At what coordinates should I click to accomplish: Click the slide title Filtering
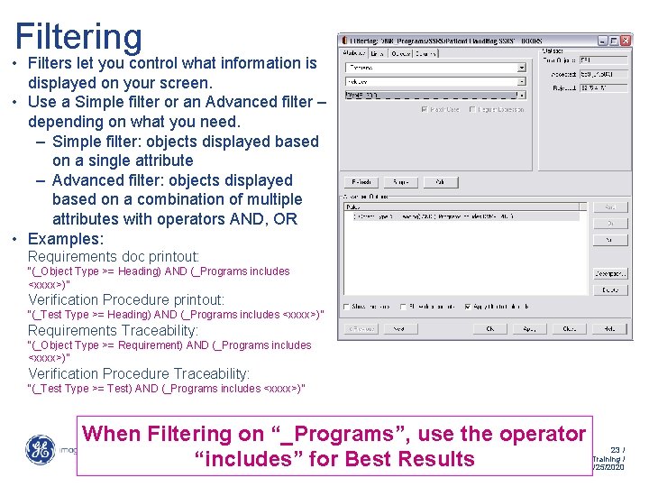pyautogui.click(x=78, y=37)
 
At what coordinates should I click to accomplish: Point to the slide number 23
pyautogui.click(x=617, y=449)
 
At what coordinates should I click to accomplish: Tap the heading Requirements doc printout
pyautogui.click(x=114, y=257)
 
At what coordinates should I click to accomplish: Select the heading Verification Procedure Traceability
pyautogui.click(x=139, y=373)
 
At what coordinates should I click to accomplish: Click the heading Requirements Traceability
pyautogui.click(x=113, y=331)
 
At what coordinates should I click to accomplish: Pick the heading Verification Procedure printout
pyautogui.click(x=126, y=299)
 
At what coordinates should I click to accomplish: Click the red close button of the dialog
pyautogui.click(x=625, y=41)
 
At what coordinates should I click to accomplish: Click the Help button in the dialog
pyautogui.click(x=607, y=329)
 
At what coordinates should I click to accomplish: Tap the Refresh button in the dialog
pyautogui.click(x=361, y=182)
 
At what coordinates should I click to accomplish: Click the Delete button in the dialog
pyautogui.click(x=610, y=290)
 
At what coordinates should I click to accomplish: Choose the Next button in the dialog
pyautogui.click(x=398, y=329)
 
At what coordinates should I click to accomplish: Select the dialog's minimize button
pyautogui.click(x=601, y=41)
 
